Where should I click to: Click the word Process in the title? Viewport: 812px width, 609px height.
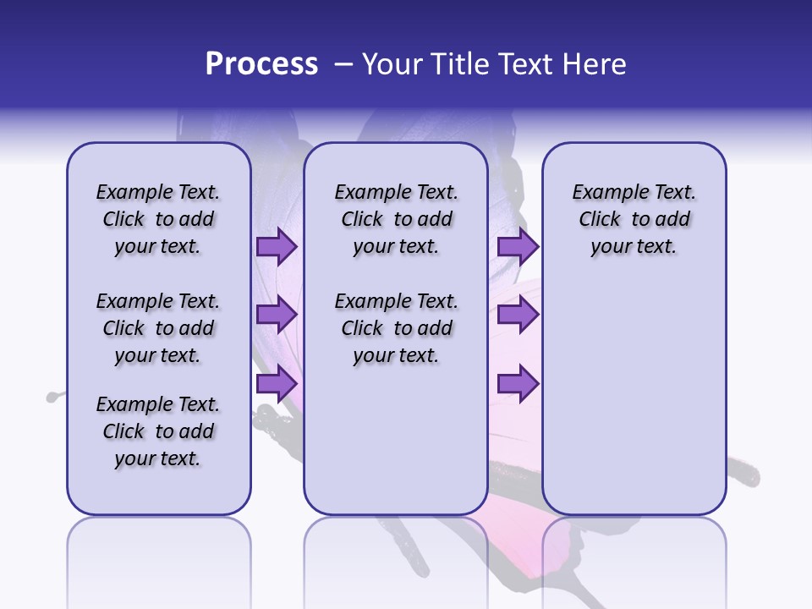pyautogui.click(x=261, y=64)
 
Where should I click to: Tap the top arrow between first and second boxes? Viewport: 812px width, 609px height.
pyautogui.click(x=276, y=246)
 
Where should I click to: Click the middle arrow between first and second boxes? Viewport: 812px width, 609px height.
pyautogui.click(x=276, y=315)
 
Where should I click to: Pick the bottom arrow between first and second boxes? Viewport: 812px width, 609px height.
pyautogui.click(x=276, y=384)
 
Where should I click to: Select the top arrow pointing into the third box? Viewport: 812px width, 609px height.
pyautogui.click(x=518, y=246)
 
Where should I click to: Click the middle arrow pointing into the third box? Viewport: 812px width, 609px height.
pyautogui.click(x=518, y=315)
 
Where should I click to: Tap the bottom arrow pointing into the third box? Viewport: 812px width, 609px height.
pyautogui.click(x=518, y=384)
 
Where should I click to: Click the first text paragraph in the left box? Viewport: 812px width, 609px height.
pyautogui.click(x=158, y=219)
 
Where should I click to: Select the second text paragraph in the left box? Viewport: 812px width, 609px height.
pyautogui.click(x=158, y=328)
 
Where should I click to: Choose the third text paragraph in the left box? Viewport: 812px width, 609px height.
pyautogui.click(x=158, y=431)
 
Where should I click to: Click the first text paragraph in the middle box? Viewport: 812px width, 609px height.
pyautogui.click(x=396, y=219)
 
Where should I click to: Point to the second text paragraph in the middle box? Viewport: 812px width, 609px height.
pyautogui.click(x=396, y=328)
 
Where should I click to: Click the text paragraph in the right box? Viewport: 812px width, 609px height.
pyautogui.click(x=634, y=219)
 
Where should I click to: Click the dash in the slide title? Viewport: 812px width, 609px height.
pyautogui.click(x=343, y=65)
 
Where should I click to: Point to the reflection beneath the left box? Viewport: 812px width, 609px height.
pyautogui.click(x=158, y=558)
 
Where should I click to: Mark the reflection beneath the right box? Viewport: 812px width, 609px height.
pyautogui.click(x=634, y=558)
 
